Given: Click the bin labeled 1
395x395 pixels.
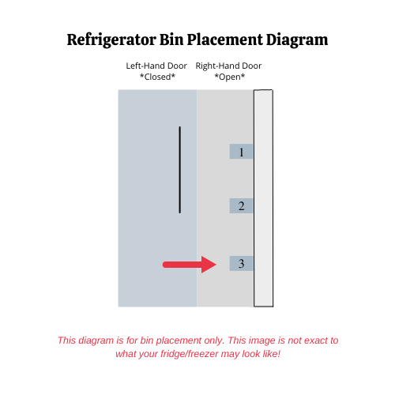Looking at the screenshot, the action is coord(241,152).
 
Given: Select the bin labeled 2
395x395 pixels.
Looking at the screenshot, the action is coord(241,205).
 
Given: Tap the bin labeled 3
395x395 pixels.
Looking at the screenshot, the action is coord(241,263).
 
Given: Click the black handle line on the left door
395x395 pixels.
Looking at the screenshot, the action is coord(180,170).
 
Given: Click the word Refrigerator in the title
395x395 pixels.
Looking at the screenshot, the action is coord(112,40).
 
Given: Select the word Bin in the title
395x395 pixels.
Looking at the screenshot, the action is coord(171,39).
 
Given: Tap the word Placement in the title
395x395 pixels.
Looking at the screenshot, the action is coord(225,39).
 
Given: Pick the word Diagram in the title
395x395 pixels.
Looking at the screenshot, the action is coord(297,40).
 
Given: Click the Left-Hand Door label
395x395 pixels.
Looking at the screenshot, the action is coord(156,66).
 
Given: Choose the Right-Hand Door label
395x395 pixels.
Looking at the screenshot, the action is coord(228,66).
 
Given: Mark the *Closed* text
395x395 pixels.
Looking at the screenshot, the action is coord(157,77).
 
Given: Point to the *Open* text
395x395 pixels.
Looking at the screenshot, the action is coord(230,77).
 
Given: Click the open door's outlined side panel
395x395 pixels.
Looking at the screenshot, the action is coord(263,198).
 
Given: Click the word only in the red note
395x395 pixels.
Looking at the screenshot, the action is coord(214,340).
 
